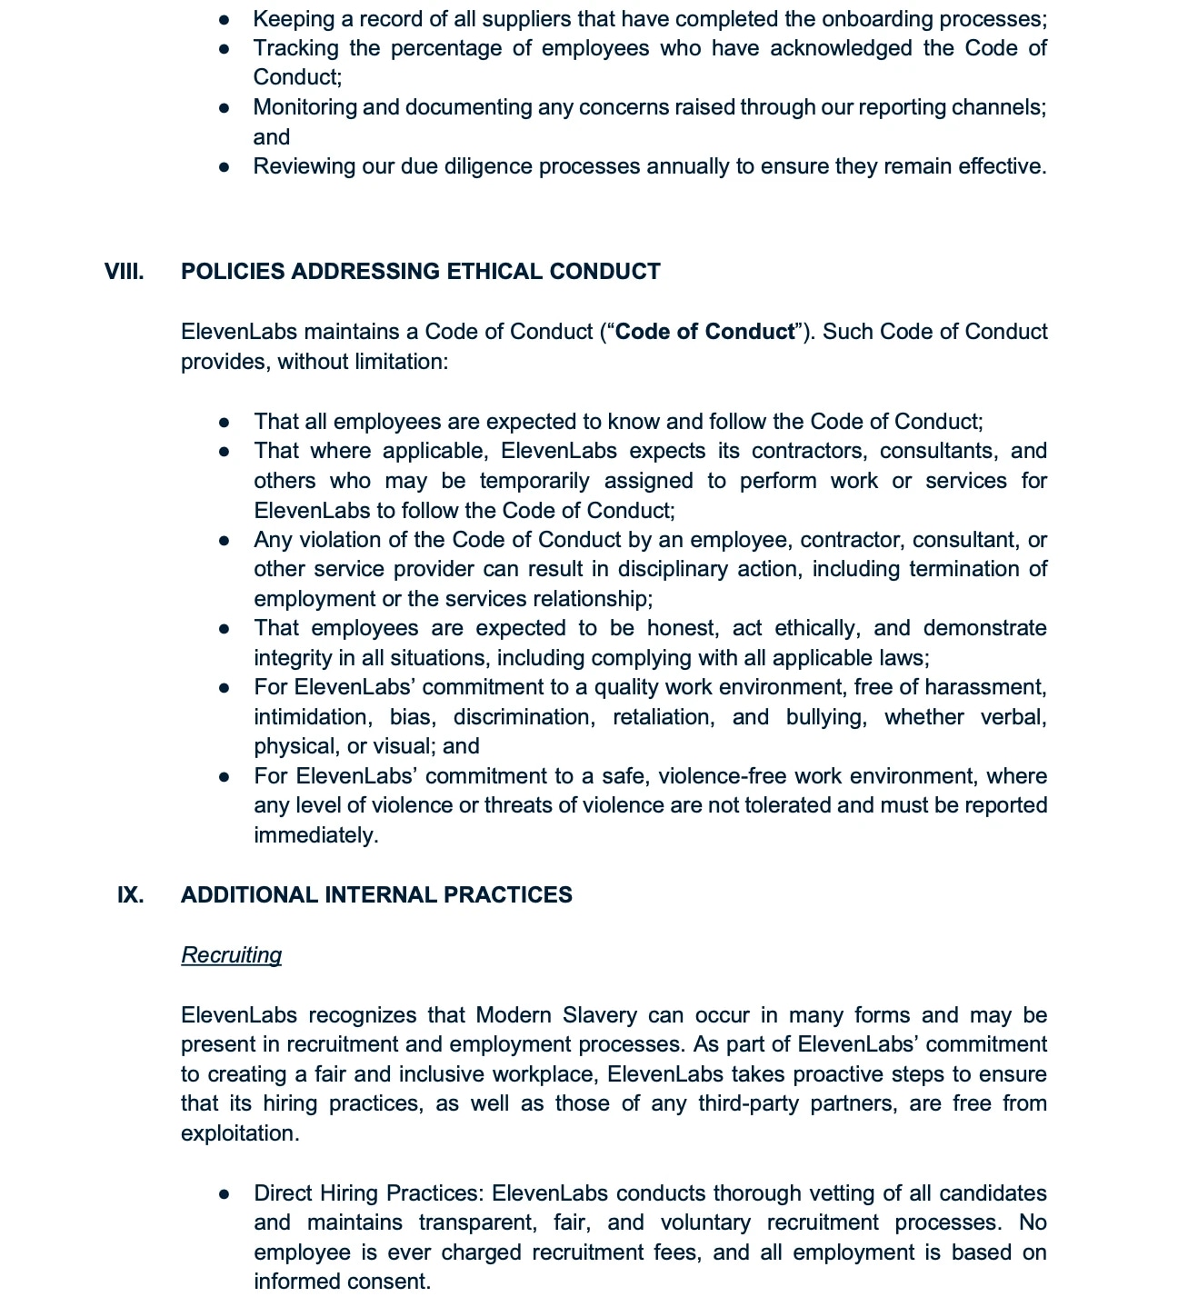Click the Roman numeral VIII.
click(x=124, y=272)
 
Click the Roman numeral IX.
click(x=130, y=895)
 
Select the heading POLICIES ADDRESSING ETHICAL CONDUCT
click(x=420, y=272)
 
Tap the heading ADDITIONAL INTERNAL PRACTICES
click(x=376, y=895)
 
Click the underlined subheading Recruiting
click(x=231, y=955)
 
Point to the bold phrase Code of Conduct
click(x=704, y=332)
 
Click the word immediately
click(x=315, y=835)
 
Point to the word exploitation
click(x=239, y=1133)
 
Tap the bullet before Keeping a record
click(x=225, y=19)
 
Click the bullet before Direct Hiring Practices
click(x=225, y=1193)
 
